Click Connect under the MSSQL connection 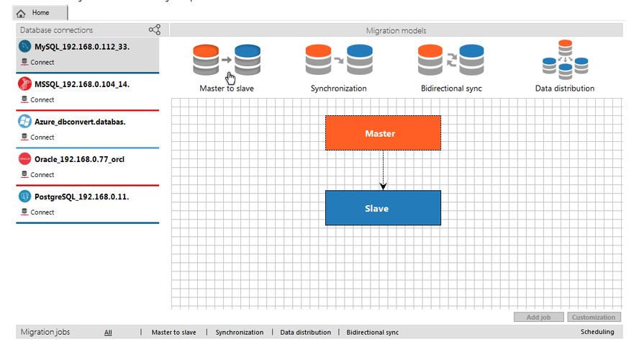[x=42, y=99]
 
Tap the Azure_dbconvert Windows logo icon [x=24, y=121]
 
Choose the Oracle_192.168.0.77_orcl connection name [x=79, y=159]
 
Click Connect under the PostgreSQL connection [x=42, y=212]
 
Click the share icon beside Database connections [x=154, y=30]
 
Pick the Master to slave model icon [x=227, y=61]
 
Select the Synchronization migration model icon [x=338, y=61]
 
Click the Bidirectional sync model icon [x=451, y=61]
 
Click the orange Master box [x=383, y=133]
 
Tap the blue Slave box [x=383, y=208]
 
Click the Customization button [x=594, y=317]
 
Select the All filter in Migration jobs [x=108, y=333]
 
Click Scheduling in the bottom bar [x=597, y=332]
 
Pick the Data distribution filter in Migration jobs [x=305, y=333]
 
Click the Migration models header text [x=396, y=31]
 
